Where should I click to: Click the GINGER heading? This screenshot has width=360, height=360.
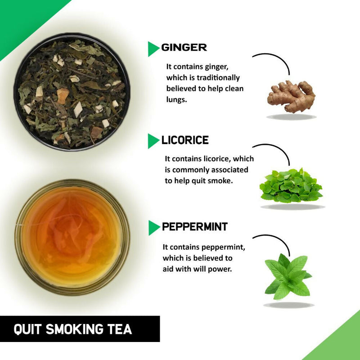tap(184, 47)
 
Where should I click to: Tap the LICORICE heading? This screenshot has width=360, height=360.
tap(185, 140)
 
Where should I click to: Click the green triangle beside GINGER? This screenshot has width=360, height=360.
tap(153, 49)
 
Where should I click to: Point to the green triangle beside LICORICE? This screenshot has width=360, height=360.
tap(153, 141)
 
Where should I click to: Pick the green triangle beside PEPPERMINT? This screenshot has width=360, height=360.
tap(153, 228)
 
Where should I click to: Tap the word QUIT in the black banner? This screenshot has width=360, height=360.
tap(27, 329)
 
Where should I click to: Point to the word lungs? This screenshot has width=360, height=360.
tap(177, 100)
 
